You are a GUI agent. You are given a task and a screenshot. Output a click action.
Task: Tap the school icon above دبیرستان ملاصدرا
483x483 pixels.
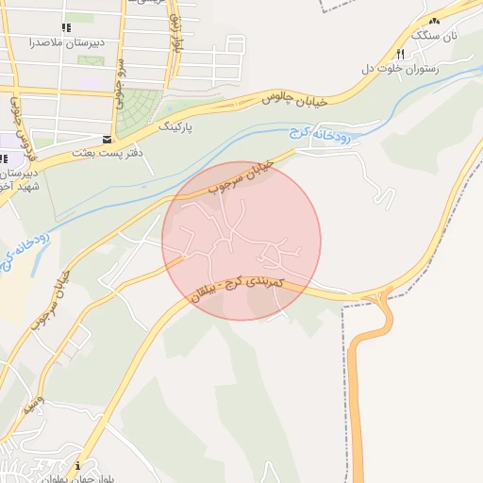click(65, 28)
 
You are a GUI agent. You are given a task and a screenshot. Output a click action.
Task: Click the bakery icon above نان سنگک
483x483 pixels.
click(434, 21)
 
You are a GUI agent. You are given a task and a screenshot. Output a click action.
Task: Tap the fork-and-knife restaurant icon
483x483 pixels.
click(402, 54)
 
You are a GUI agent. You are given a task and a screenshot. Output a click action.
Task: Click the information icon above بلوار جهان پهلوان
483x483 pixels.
click(77, 464)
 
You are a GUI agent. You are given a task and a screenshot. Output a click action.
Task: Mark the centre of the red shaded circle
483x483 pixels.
click(241, 241)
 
